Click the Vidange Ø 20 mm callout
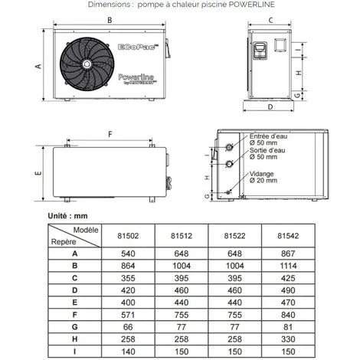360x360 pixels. tap(264, 177)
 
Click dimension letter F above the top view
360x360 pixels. tap(110, 133)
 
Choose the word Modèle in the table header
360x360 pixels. tap(86, 230)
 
